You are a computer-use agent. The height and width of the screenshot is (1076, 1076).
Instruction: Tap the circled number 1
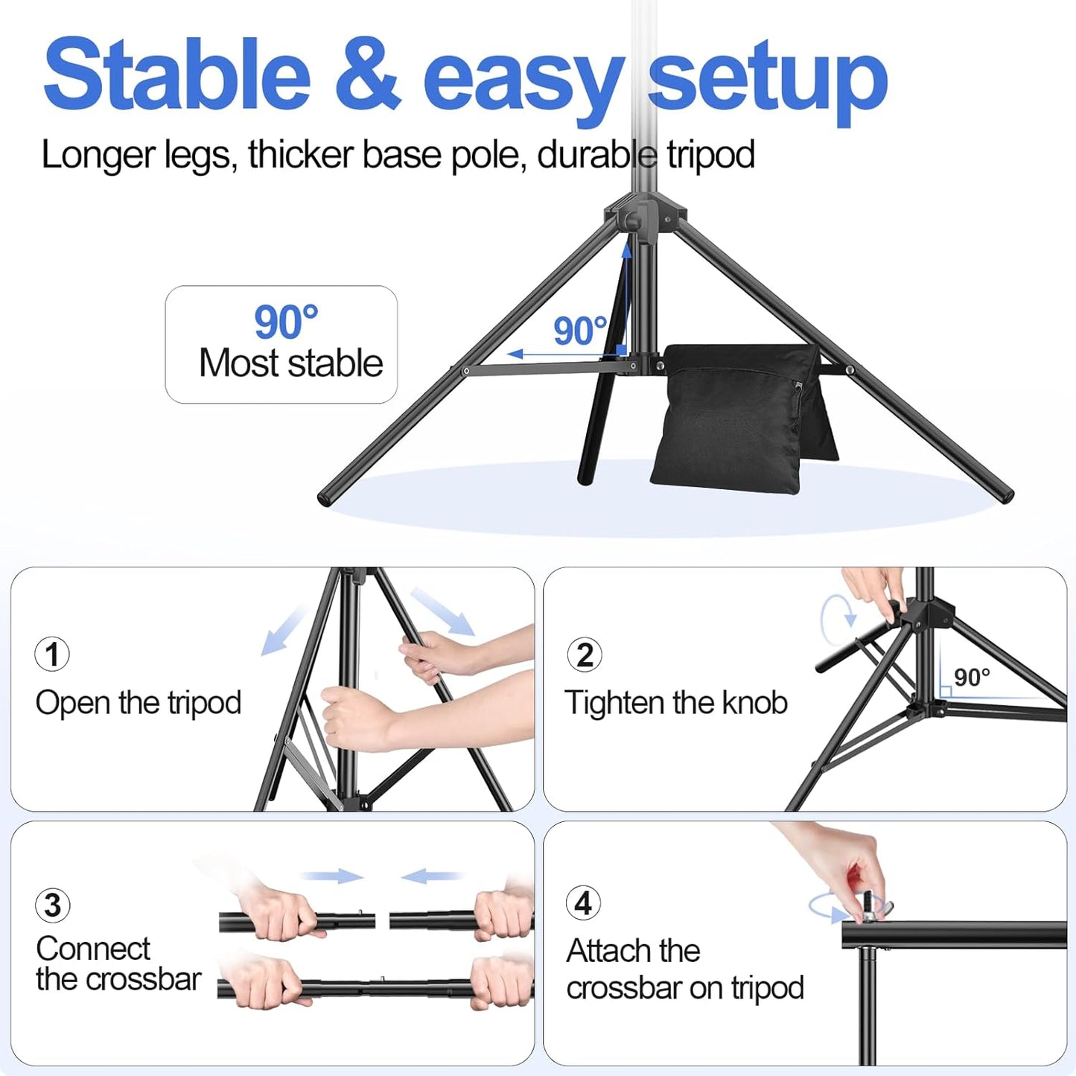click(x=52, y=655)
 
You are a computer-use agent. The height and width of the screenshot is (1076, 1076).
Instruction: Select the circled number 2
click(x=585, y=655)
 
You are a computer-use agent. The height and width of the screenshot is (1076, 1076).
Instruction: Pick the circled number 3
click(x=53, y=905)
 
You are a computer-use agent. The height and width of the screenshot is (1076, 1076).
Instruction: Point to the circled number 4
click(x=584, y=903)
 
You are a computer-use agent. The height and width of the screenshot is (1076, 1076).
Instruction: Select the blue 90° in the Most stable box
click(x=286, y=322)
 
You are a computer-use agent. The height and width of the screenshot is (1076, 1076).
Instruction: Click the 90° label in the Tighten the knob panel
click(x=972, y=678)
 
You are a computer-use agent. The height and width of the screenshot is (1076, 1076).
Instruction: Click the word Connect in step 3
click(x=93, y=949)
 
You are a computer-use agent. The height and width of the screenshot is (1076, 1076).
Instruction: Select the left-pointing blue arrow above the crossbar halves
click(x=432, y=876)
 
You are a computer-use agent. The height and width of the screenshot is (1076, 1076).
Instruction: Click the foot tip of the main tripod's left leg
click(x=325, y=497)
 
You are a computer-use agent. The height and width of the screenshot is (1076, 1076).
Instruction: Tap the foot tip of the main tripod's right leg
click(x=1005, y=494)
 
